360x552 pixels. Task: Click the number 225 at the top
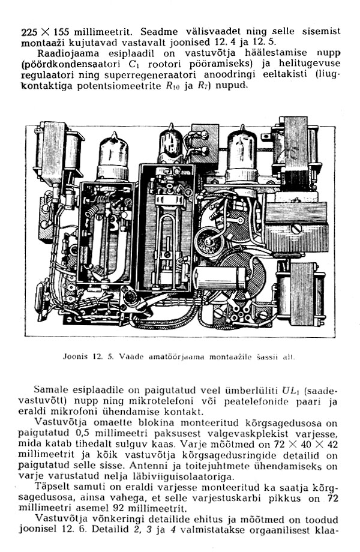pos(29,32)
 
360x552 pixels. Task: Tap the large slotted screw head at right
pos(296,229)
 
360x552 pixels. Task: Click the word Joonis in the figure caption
pos(73,356)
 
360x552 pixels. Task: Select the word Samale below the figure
pos(52,390)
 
